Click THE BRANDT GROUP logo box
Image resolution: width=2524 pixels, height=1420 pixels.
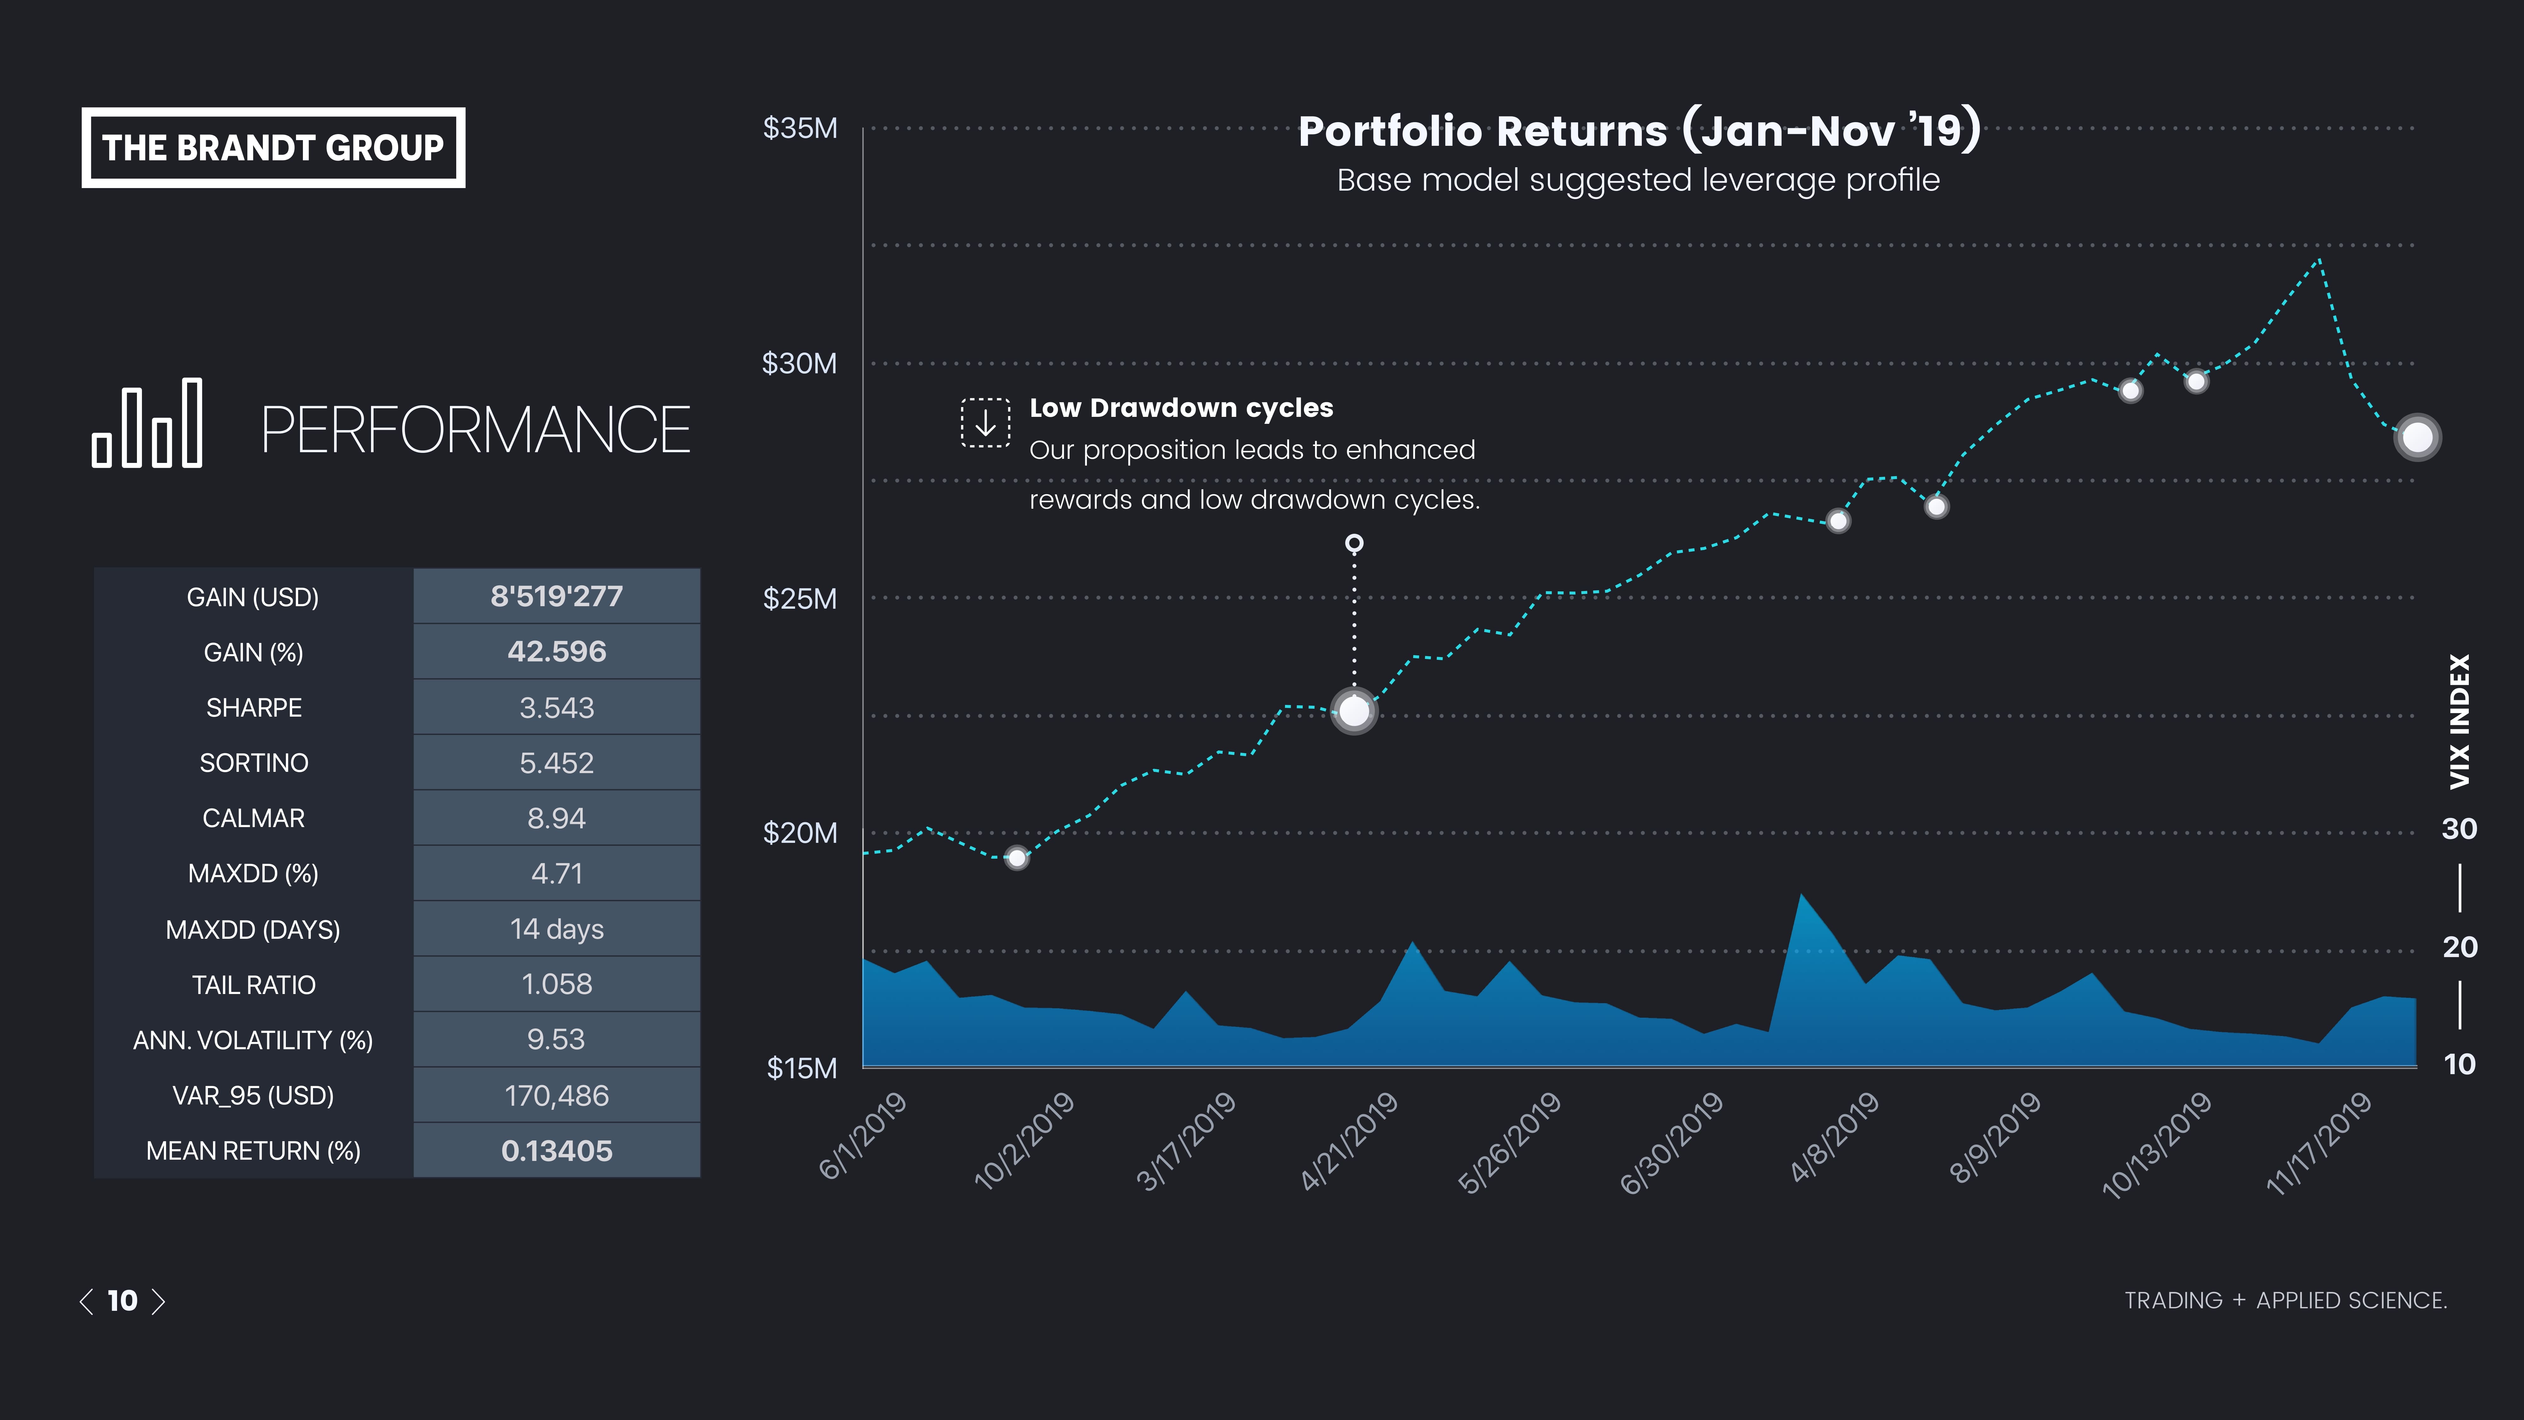(273, 148)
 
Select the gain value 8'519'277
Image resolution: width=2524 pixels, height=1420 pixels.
(557, 596)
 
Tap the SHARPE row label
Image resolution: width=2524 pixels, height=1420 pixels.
(254, 707)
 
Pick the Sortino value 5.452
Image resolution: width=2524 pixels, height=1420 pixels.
(557, 762)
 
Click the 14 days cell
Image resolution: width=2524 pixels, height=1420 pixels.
(557, 929)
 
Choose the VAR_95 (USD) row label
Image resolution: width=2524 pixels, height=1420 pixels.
(254, 1096)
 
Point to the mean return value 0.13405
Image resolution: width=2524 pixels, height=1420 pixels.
(557, 1151)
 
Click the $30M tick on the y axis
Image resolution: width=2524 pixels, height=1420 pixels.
(799, 364)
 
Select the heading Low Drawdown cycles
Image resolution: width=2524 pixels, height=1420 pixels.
(1181, 408)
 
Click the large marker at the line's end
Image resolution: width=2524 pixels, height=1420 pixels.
(2416, 437)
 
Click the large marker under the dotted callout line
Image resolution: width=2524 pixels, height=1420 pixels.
(1354, 711)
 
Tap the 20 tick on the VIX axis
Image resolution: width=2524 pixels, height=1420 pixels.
(2459, 947)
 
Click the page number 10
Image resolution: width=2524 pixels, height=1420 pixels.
(122, 1300)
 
